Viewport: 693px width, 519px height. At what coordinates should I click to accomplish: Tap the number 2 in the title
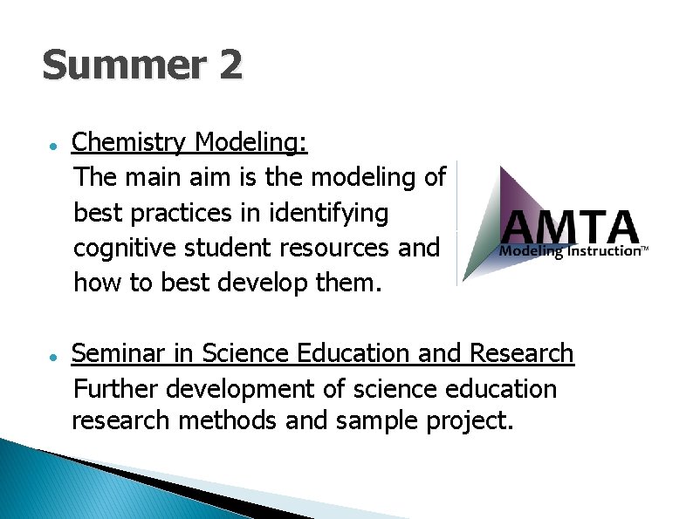click(x=230, y=65)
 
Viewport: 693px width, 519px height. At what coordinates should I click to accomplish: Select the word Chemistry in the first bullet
click(x=129, y=142)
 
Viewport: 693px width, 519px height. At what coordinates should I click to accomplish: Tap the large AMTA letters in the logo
click(x=570, y=228)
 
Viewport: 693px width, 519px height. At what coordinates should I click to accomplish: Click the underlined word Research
click(x=522, y=353)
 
